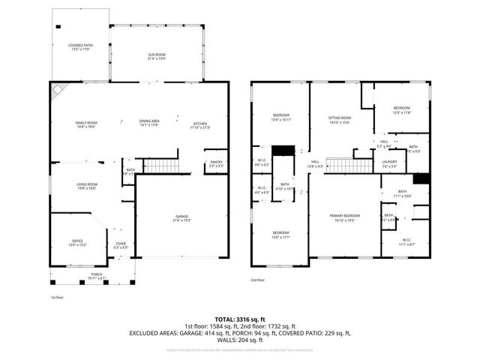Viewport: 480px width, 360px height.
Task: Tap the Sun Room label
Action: (157, 57)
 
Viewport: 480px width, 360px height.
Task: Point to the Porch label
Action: (97, 276)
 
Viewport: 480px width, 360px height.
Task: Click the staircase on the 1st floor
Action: (161, 166)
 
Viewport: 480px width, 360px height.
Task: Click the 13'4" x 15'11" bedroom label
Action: (280, 117)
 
